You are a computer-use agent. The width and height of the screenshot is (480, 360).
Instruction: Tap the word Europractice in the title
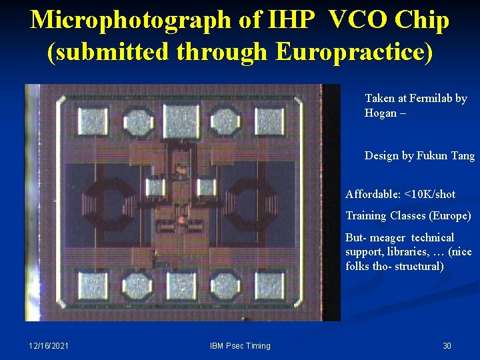pos(351,51)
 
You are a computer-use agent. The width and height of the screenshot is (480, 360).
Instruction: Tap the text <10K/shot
pos(428,194)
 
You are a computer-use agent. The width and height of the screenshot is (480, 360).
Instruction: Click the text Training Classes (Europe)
pos(408,215)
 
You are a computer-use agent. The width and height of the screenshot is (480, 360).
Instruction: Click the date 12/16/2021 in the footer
pos(49,345)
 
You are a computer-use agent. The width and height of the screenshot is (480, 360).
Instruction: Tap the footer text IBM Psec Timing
pos(240,345)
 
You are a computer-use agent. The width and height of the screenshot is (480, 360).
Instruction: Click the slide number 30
pos(447,345)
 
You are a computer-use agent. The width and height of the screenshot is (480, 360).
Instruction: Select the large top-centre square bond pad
pos(181,121)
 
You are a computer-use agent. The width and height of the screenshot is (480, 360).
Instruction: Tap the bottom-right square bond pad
pos(269,285)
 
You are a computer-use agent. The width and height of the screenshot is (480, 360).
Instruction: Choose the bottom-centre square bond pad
pos(181,285)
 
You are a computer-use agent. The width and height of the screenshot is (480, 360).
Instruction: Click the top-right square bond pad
pos(269,121)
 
